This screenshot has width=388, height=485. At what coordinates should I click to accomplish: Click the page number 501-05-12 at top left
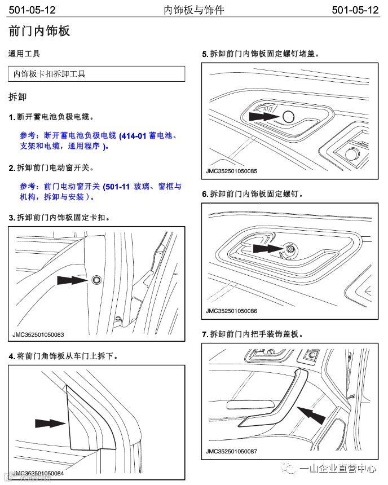(x=32, y=10)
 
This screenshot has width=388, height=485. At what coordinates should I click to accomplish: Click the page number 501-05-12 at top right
(x=355, y=10)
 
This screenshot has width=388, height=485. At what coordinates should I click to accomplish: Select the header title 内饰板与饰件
(x=194, y=10)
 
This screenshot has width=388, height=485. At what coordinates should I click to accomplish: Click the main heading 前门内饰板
(x=39, y=31)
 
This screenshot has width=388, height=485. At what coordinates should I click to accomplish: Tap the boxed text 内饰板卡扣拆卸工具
(x=50, y=74)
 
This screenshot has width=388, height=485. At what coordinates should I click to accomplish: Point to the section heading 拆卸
(x=17, y=96)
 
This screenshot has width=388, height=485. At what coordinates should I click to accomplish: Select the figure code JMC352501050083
(x=38, y=335)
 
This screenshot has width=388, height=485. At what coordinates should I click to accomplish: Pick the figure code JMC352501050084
(x=38, y=473)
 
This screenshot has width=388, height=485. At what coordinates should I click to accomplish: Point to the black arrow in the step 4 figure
(x=50, y=423)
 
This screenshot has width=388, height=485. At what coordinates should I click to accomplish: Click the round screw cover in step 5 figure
(x=288, y=117)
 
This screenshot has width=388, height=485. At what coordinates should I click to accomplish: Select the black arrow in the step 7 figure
(x=311, y=416)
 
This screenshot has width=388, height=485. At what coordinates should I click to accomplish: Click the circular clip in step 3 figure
(x=95, y=279)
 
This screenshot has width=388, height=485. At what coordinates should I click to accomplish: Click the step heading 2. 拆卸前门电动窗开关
(x=51, y=168)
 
